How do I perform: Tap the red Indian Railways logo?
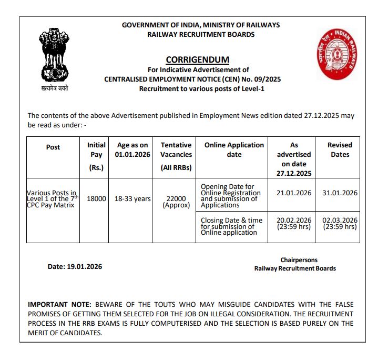335,51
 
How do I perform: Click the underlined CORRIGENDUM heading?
197,59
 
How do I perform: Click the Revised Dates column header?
340,150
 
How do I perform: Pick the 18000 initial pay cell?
96,199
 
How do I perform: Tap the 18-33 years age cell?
132,199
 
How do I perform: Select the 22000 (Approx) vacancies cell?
176,202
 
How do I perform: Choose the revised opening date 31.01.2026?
340,193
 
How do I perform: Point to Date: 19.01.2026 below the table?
75,266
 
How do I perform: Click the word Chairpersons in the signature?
299,260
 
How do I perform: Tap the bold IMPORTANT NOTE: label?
59,304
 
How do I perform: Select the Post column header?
53,147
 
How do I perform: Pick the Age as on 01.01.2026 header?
132,150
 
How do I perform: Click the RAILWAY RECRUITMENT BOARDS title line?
201,34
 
